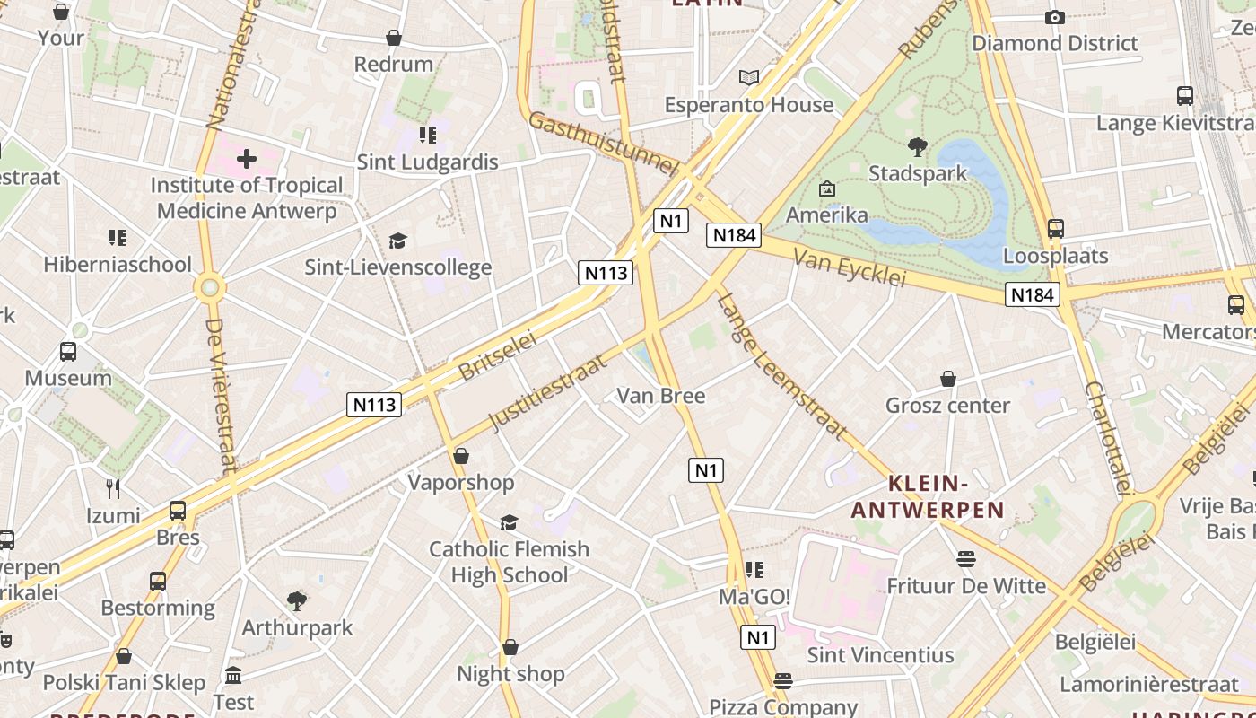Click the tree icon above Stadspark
pos(917,147)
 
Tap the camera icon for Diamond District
pos(1055,17)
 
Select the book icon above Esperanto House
pos(749,78)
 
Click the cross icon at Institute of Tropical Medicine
pos(246,160)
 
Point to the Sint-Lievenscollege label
pos(398,267)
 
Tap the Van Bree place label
pos(661,396)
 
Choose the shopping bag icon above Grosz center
pos(947,379)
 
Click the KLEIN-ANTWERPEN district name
pos(928,497)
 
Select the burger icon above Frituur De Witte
pos(965,559)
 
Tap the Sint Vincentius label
pos(880,655)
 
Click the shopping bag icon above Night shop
pos(510,647)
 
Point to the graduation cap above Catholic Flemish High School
pos(509,522)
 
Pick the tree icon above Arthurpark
pos(297,600)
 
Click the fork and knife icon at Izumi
pos(113,489)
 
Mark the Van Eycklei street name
pos(850,268)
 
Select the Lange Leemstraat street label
pos(781,367)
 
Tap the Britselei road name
pos(497,355)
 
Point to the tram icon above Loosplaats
pos(1055,229)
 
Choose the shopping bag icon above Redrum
pos(393,38)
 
